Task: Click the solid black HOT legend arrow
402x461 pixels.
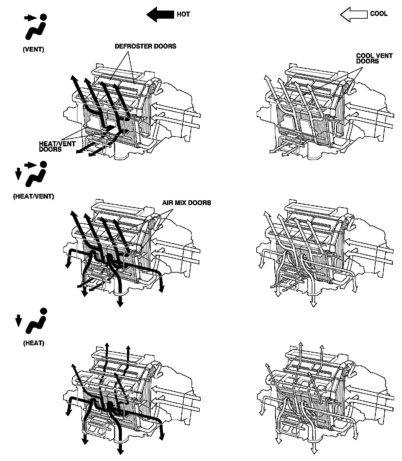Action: [x=160, y=14]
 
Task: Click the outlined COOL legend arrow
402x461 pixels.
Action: [x=353, y=14]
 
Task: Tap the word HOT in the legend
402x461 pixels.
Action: [x=183, y=14]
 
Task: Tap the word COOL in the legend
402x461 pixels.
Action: [x=379, y=14]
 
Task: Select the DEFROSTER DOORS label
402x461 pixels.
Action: [x=145, y=46]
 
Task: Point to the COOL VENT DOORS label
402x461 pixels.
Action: [x=374, y=58]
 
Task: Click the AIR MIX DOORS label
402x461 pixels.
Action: [x=186, y=203]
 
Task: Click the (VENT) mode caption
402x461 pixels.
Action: [x=33, y=49]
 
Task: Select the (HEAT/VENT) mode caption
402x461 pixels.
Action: [x=33, y=196]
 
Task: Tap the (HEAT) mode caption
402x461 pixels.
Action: [x=34, y=343]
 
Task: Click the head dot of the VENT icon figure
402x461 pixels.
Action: [x=43, y=17]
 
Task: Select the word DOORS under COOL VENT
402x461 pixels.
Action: [x=367, y=61]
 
